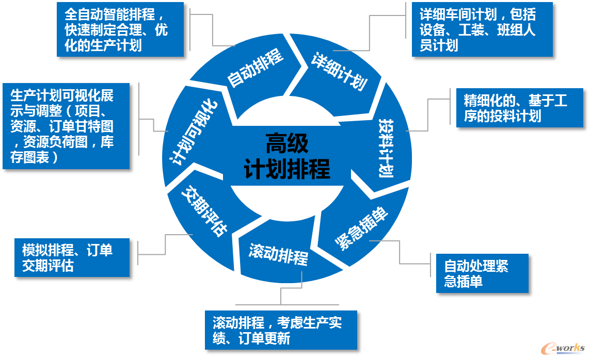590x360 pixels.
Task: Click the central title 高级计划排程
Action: click(x=286, y=156)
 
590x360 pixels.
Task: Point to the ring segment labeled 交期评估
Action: click(x=205, y=214)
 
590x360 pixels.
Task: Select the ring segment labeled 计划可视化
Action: click(x=194, y=132)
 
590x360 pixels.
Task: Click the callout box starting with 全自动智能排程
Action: click(x=120, y=30)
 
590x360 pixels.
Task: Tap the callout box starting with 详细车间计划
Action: click(x=483, y=30)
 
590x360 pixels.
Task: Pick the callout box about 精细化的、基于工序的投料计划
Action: click(x=520, y=108)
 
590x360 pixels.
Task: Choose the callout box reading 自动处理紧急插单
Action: click(x=483, y=273)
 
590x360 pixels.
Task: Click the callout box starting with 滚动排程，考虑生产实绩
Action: click(x=281, y=330)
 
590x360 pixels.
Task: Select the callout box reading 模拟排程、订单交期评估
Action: click(x=72, y=258)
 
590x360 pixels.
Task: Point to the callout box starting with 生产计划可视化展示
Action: click(x=66, y=126)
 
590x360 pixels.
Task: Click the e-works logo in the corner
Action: click(x=563, y=348)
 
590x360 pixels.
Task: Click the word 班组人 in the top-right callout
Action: click(x=516, y=30)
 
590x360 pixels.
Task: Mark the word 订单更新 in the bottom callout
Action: click(x=264, y=338)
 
